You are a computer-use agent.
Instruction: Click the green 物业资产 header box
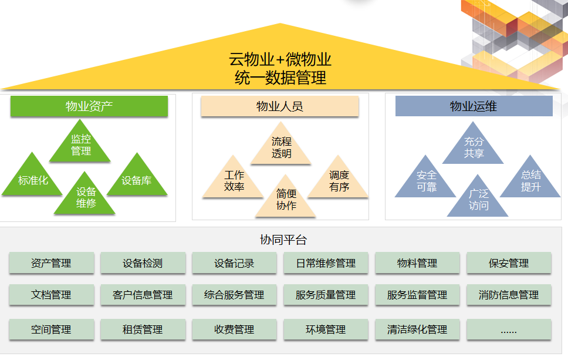point(89,106)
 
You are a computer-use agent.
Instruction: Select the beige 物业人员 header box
point(279,106)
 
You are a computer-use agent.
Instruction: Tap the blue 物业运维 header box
point(474,106)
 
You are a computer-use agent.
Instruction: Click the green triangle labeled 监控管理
point(80,146)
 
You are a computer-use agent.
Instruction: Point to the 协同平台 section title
point(283,240)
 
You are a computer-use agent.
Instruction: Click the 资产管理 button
point(51,263)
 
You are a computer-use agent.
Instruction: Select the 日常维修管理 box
point(326,263)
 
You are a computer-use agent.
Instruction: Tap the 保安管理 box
point(509,263)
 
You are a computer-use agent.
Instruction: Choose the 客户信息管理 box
point(143,295)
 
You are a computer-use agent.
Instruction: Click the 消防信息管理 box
point(509,295)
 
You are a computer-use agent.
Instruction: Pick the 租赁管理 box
point(143,330)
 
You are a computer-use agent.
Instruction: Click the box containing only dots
point(509,330)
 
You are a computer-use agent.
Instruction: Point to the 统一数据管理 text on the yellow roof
point(280,78)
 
